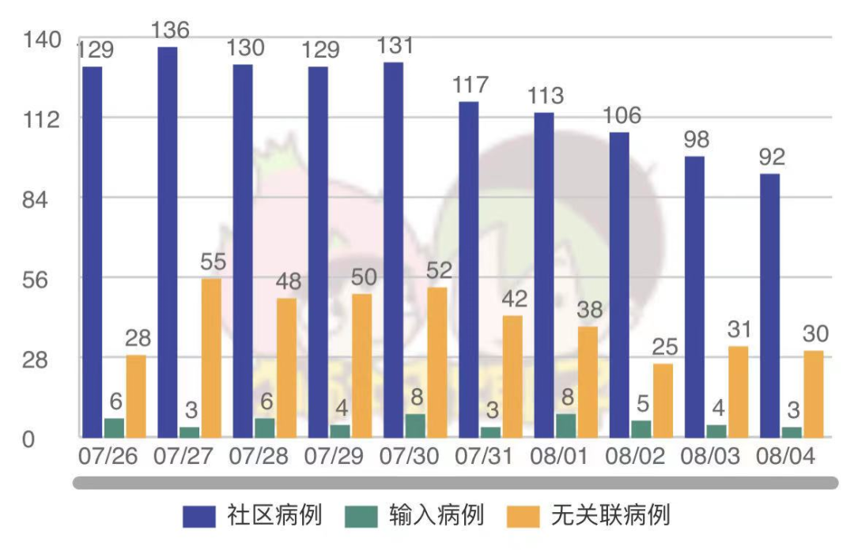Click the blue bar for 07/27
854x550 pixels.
click(167, 243)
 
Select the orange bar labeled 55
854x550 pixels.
click(211, 358)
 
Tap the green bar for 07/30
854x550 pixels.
click(416, 426)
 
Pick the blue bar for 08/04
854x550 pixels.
click(769, 306)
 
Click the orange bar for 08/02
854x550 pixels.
click(663, 401)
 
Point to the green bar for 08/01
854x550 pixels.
click(566, 426)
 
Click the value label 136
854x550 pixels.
click(170, 31)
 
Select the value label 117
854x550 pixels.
click(470, 85)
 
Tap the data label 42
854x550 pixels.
click(514, 299)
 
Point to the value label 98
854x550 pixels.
click(696, 140)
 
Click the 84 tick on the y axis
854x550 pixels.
click(35, 200)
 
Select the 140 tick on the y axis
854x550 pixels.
click(42, 40)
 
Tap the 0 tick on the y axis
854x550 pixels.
click(28, 440)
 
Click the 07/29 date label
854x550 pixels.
click(334, 456)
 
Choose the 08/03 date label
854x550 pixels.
click(710, 456)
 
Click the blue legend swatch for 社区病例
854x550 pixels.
click(198, 516)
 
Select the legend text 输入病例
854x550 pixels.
click(436, 515)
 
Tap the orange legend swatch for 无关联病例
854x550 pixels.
click(523, 516)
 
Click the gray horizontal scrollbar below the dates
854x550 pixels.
click(455, 483)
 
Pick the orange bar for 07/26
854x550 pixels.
click(136, 397)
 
